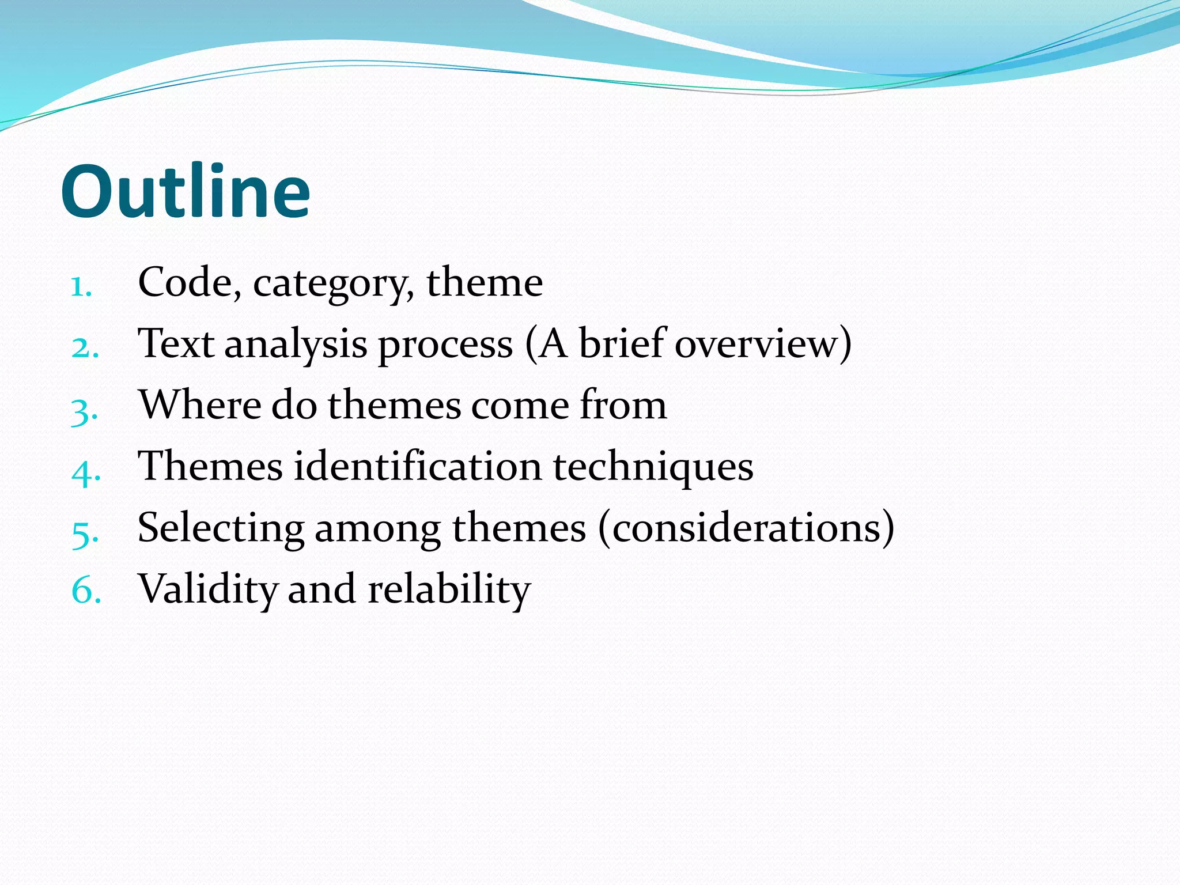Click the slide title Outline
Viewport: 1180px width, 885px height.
tap(186, 191)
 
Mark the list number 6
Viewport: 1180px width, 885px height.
tap(86, 591)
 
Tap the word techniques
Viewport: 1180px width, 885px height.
tap(653, 467)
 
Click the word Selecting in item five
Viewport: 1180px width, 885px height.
tap(221, 528)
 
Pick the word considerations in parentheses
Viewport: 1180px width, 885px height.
tap(746, 528)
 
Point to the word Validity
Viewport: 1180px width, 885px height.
tap(207, 590)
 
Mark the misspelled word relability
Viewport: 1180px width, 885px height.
tap(449, 590)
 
